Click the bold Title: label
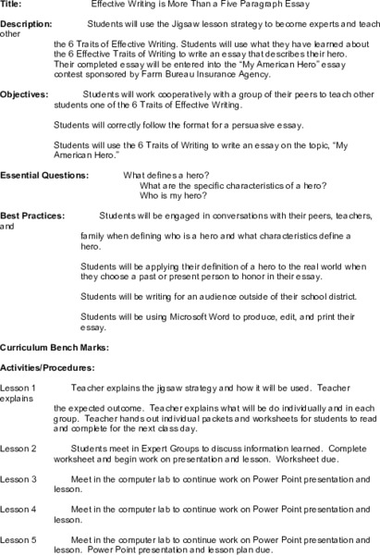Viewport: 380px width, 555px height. pyautogui.click(x=11, y=5)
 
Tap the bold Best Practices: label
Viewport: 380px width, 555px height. pyautogui.click(x=33, y=215)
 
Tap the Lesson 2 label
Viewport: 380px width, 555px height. pyautogui.click(x=18, y=447)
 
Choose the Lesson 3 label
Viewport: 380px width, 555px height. pyautogui.click(x=18, y=479)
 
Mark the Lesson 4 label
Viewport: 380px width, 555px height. pyautogui.click(x=18, y=509)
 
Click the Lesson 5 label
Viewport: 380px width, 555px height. pyautogui.click(x=18, y=538)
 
